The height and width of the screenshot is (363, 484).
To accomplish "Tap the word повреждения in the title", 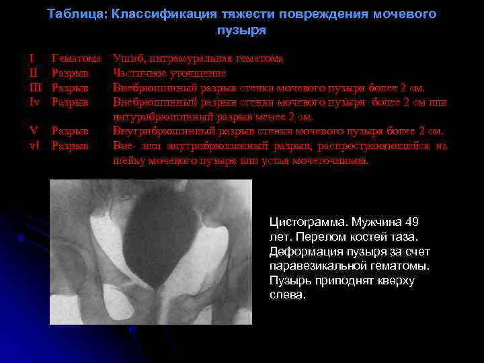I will click(x=323, y=14).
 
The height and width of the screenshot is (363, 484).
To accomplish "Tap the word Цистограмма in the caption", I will click(x=303, y=222).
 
